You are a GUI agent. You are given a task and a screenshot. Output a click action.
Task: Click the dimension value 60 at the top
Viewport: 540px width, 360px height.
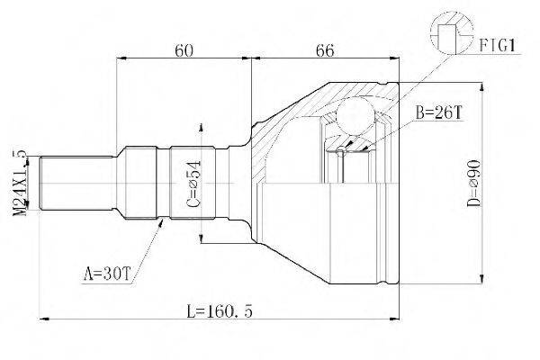point(184,50)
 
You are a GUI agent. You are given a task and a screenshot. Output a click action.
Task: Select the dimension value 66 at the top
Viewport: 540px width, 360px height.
point(325,50)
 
